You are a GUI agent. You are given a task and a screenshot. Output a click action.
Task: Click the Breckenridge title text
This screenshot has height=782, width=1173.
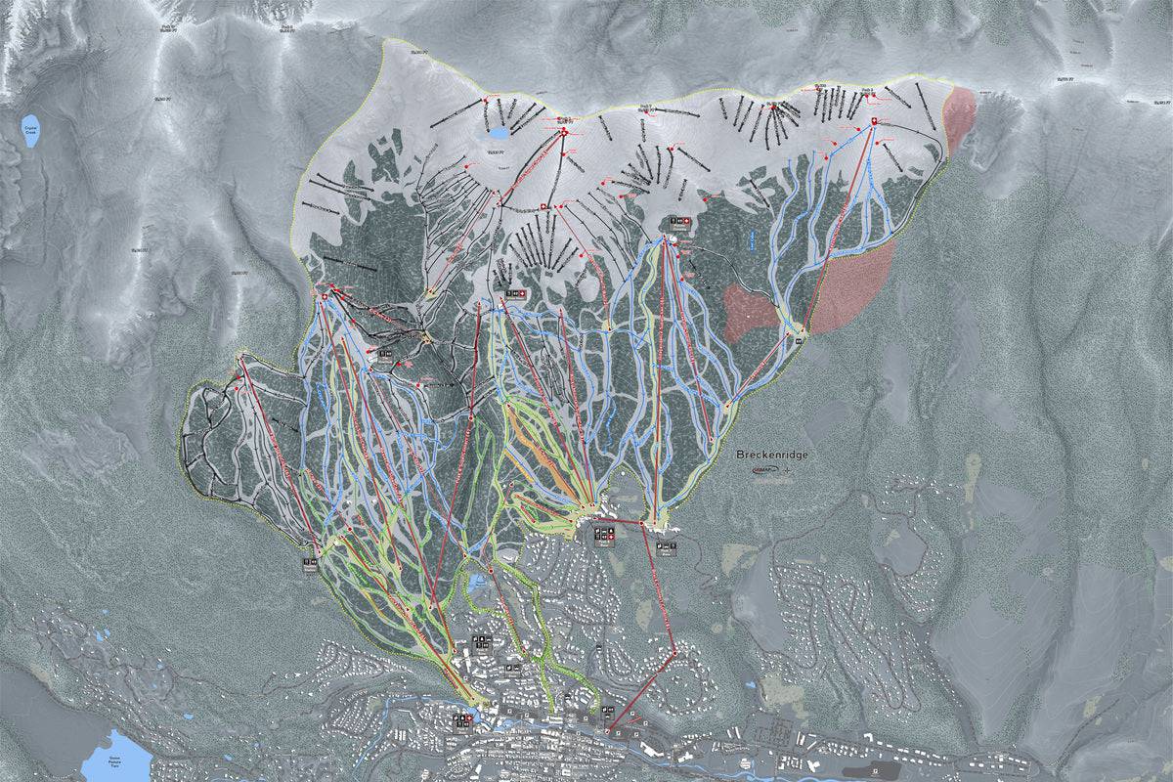point(773,456)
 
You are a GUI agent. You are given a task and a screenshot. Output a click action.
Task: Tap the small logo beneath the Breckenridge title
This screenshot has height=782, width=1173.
point(772,470)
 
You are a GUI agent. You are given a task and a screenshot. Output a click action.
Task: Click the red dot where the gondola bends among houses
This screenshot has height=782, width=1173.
point(675,650)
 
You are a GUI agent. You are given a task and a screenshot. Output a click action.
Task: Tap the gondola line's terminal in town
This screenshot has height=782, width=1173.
point(608,732)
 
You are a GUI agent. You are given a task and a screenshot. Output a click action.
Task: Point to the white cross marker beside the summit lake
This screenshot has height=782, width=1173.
point(564,130)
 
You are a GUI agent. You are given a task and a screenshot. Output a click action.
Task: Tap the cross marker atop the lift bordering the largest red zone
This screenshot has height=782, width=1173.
point(873,120)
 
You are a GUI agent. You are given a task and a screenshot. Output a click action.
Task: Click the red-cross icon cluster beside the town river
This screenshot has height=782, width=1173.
point(461,720)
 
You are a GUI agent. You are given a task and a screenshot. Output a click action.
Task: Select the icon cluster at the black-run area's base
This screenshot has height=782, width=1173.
point(310,563)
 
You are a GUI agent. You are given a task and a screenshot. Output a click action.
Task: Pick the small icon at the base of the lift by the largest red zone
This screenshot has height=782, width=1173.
point(799,341)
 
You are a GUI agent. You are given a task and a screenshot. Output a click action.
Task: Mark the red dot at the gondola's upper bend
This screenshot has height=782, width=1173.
point(642,524)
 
